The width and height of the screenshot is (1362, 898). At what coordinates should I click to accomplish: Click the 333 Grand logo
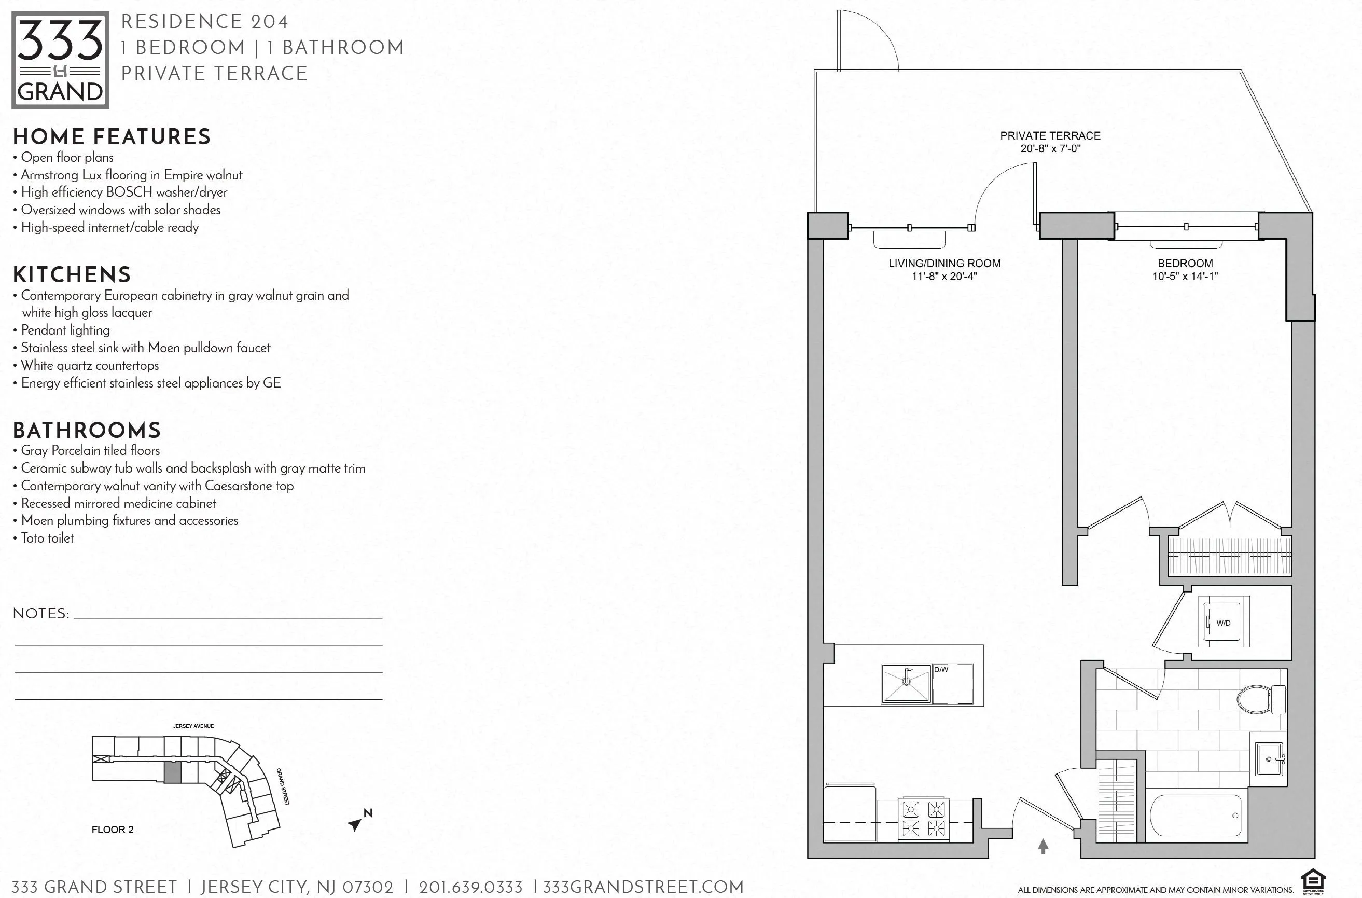click(x=60, y=60)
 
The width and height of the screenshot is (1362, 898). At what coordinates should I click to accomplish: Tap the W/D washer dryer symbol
click(x=1224, y=623)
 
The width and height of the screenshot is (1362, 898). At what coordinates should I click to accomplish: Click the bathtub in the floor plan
click(x=1196, y=816)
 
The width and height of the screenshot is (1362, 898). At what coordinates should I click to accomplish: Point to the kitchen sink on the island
click(x=906, y=683)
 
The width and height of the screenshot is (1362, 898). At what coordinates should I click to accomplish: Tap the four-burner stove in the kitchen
click(x=923, y=819)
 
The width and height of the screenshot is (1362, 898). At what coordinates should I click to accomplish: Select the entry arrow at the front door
click(x=1043, y=847)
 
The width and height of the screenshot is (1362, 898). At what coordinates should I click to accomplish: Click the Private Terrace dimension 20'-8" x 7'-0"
click(x=1050, y=149)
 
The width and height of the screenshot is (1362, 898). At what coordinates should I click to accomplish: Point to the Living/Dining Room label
click(x=944, y=264)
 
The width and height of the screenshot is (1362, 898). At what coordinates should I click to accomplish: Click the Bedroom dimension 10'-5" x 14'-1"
click(x=1185, y=277)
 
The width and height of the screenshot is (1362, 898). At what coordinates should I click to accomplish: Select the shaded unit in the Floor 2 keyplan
click(x=172, y=772)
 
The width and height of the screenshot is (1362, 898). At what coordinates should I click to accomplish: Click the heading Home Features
click(x=112, y=137)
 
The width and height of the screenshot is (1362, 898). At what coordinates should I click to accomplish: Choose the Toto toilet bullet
click(x=48, y=538)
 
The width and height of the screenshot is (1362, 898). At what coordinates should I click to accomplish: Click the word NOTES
click(x=40, y=614)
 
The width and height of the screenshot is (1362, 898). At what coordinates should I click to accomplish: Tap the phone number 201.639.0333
click(x=470, y=888)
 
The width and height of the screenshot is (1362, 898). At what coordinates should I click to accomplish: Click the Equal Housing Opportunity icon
click(x=1313, y=882)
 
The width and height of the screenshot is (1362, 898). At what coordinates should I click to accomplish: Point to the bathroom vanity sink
click(x=1269, y=759)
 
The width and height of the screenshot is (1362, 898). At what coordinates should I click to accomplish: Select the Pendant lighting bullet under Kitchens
click(x=65, y=330)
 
